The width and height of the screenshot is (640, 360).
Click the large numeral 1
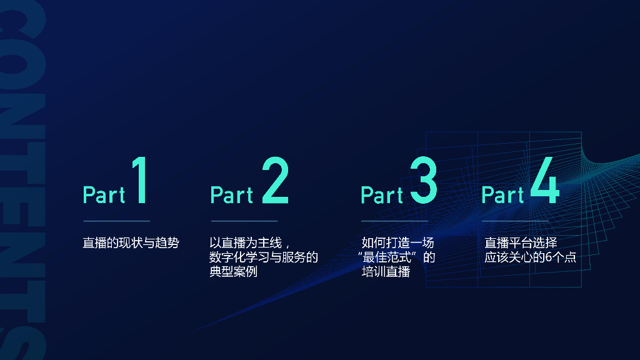pyautogui.click(x=139, y=181)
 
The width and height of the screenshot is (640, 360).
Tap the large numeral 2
pyautogui.click(x=275, y=181)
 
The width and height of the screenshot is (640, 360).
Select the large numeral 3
pyautogui.click(x=424, y=181)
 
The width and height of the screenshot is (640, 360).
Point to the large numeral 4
pyautogui.click(x=545, y=181)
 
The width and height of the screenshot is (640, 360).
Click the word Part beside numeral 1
pyautogui.click(x=104, y=195)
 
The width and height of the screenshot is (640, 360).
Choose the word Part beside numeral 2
pyautogui.click(x=231, y=195)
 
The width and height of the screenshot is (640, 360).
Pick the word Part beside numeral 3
pyautogui.click(x=382, y=195)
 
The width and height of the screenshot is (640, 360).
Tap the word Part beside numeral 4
pyautogui.click(x=502, y=195)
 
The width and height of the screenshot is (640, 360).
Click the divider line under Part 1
pyautogui.click(x=116, y=221)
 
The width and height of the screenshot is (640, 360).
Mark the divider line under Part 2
pyautogui.click(x=244, y=221)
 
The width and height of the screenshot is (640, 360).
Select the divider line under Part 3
pyautogui.click(x=394, y=221)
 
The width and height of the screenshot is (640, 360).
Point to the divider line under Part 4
pyautogui.click(x=515, y=221)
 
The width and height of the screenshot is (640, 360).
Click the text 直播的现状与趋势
pyautogui.click(x=131, y=242)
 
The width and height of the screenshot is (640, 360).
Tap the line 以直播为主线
pyautogui.click(x=248, y=242)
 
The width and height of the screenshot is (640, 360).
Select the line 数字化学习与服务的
pyautogui.click(x=264, y=257)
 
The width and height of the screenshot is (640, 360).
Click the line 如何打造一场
pyautogui.click(x=397, y=242)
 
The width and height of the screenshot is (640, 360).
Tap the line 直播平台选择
pyautogui.click(x=521, y=242)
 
